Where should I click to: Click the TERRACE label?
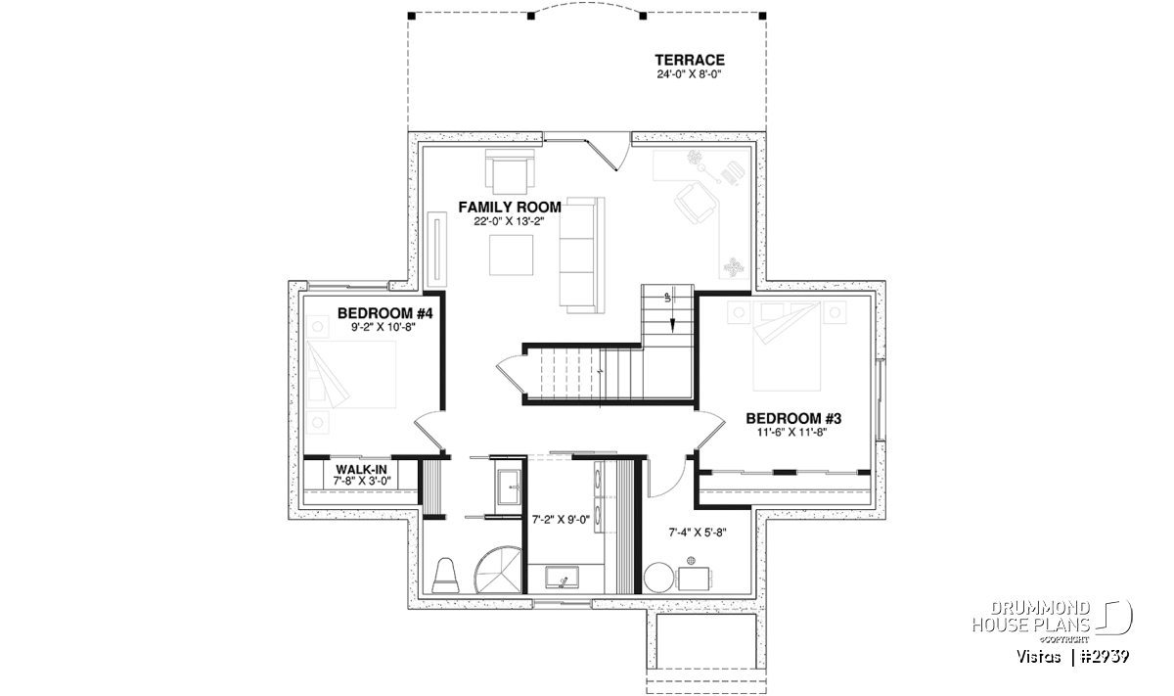pyautogui.click(x=689, y=61)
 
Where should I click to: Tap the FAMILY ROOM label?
pyautogui.click(x=510, y=208)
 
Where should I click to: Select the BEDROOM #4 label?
pyautogui.click(x=384, y=313)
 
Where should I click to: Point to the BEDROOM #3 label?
pyautogui.click(x=793, y=419)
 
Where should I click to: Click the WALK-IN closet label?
pyautogui.click(x=362, y=469)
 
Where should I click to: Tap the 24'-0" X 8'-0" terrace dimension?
pyautogui.click(x=689, y=74)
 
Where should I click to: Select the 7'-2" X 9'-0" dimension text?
pyautogui.click(x=561, y=520)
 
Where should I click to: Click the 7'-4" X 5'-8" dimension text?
pyautogui.click(x=697, y=533)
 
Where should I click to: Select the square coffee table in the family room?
pyautogui.click(x=511, y=255)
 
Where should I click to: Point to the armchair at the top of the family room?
pyautogui.click(x=510, y=171)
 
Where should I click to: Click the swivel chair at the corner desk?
pyautogui.click(x=696, y=204)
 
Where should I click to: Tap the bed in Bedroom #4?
pyautogui.click(x=351, y=375)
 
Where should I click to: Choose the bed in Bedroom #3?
pyautogui.click(x=787, y=347)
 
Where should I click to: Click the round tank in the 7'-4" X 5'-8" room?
pyautogui.click(x=658, y=578)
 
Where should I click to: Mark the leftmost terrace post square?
pyautogui.click(x=412, y=16)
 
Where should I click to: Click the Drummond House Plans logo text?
pyautogui.click(x=1031, y=617)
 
